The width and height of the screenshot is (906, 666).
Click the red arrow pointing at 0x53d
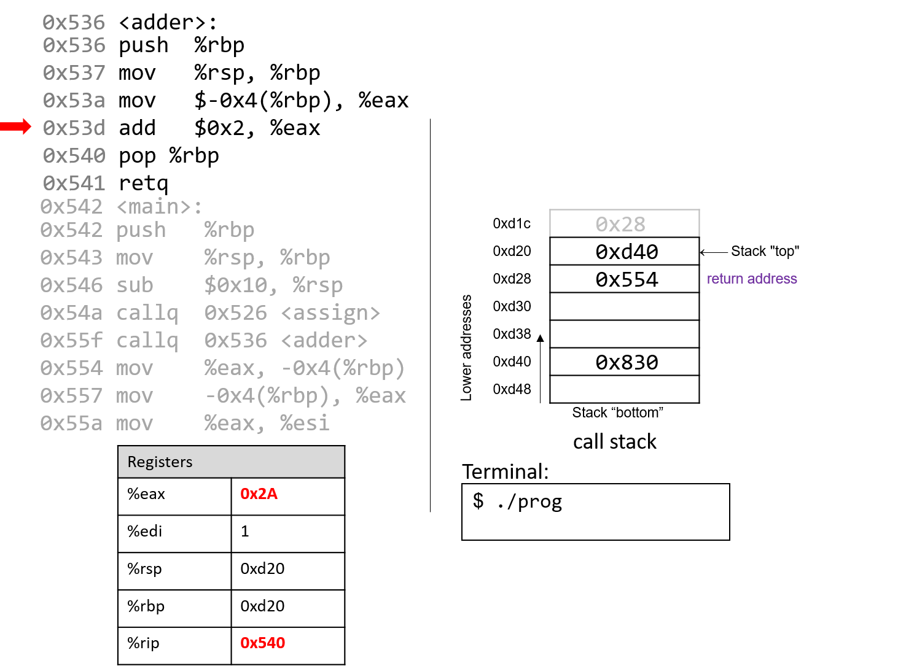(16, 127)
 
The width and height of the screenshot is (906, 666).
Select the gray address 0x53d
(74, 128)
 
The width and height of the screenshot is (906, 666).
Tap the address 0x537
(74, 73)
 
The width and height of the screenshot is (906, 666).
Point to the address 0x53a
(74, 101)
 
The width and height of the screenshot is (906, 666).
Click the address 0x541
(74, 184)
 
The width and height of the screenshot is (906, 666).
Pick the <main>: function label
(159, 207)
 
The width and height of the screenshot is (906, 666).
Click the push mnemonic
(141, 230)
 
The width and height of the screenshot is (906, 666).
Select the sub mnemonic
(135, 285)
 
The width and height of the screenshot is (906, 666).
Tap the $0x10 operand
(235, 285)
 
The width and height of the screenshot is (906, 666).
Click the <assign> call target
(330, 313)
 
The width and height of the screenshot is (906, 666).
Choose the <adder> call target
(324, 341)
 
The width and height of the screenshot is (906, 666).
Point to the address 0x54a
(71, 313)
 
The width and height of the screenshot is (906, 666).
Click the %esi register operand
(305, 424)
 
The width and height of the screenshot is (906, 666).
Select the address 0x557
(71, 396)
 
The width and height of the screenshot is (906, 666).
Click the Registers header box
(231, 462)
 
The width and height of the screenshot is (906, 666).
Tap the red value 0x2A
(259, 494)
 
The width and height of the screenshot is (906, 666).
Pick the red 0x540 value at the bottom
(262, 643)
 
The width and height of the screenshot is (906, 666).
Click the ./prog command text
(529, 502)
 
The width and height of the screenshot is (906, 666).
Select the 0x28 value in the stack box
(620, 225)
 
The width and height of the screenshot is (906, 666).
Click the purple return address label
(752, 279)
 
